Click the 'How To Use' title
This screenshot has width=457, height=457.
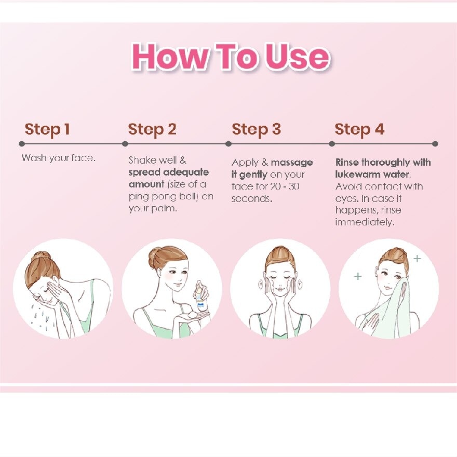(231, 56)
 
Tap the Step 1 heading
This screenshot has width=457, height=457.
(47, 129)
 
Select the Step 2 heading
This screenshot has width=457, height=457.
(152, 129)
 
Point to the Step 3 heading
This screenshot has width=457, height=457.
(256, 129)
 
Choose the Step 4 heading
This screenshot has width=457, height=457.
(359, 129)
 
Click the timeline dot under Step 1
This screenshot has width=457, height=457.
(22, 144)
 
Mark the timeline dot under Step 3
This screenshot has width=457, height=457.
(228, 144)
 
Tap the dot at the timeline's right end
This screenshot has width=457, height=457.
(435, 144)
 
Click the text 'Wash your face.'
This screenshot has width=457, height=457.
(59, 158)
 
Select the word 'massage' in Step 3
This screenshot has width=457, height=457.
(292, 163)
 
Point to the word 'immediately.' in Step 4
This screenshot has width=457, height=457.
(365, 222)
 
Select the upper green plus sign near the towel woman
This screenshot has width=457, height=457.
(417, 258)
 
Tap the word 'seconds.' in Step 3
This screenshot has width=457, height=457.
(252, 199)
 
